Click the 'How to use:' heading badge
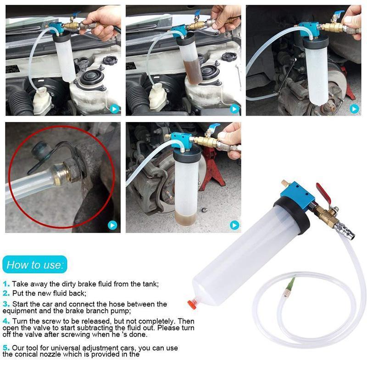[35, 265]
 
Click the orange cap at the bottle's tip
[191, 305]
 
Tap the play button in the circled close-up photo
[112, 225]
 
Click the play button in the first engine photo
[115, 109]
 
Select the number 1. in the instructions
[6, 284]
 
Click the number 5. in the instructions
[6, 348]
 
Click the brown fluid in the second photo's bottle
[192, 72]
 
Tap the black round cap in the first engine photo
[110, 60]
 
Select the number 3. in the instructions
[6, 304]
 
